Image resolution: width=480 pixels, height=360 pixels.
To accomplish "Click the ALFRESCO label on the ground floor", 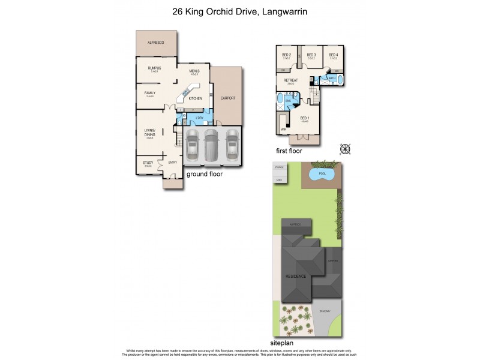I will [157, 43].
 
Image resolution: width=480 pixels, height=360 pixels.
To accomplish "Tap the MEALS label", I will [194, 71].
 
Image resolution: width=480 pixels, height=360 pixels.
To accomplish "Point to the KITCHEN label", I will [196, 98].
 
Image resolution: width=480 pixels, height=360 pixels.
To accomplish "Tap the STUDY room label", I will [148, 163].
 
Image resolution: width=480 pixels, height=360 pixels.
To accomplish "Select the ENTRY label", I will [173, 163].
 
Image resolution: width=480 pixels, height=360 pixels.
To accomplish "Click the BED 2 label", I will [286, 55].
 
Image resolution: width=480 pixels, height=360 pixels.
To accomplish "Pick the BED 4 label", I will [334, 55].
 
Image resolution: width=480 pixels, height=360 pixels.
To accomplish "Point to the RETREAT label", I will [291, 80].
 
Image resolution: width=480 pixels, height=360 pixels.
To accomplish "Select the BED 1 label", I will [305, 118].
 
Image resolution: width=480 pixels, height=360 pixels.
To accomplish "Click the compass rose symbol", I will [344, 149].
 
